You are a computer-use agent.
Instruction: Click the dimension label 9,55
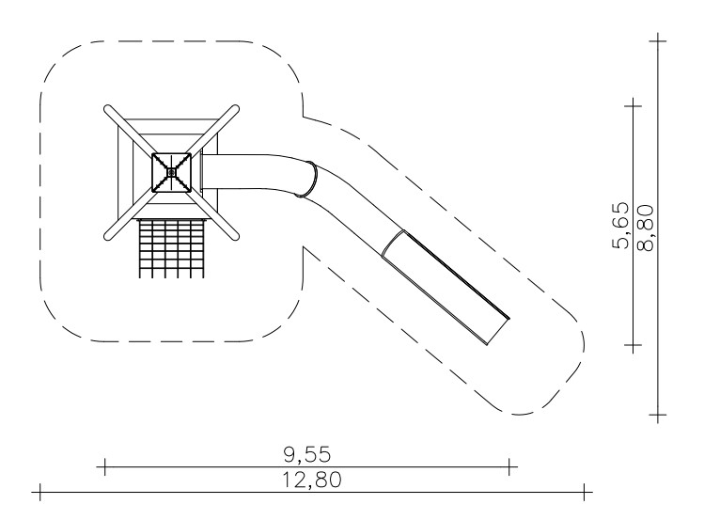tap(308, 455)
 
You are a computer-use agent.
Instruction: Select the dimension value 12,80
tap(312, 480)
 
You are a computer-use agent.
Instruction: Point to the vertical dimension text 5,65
tap(620, 226)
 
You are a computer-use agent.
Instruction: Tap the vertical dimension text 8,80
tap(645, 228)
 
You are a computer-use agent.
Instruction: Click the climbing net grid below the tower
tap(171, 248)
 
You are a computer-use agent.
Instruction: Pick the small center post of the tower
tap(171, 172)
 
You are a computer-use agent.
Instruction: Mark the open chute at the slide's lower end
tap(446, 288)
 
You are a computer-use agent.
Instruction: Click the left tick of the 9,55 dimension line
tap(104, 466)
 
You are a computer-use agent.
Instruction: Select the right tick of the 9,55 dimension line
tap(509, 466)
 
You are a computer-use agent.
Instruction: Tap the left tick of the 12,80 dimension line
tap(40, 492)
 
